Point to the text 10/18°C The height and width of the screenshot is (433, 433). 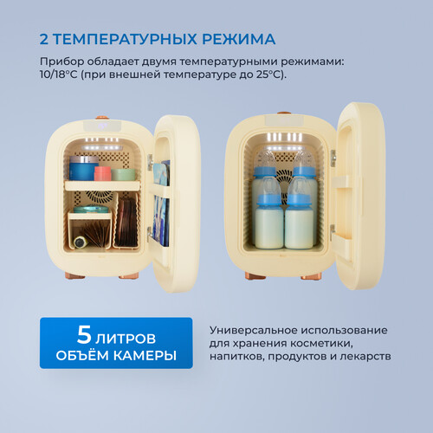[x=63, y=75]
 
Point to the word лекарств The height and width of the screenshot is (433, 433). [x=366, y=356]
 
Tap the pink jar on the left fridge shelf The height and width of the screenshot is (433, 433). [x=102, y=172]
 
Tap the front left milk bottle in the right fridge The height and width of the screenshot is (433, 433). [x=270, y=223]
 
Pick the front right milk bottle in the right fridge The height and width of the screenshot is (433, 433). [x=299, y=223]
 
